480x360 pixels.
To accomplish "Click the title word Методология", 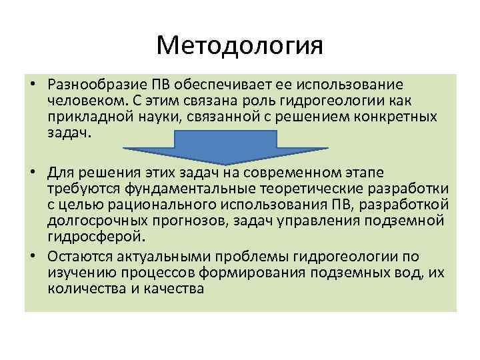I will click(x=239, y=45).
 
